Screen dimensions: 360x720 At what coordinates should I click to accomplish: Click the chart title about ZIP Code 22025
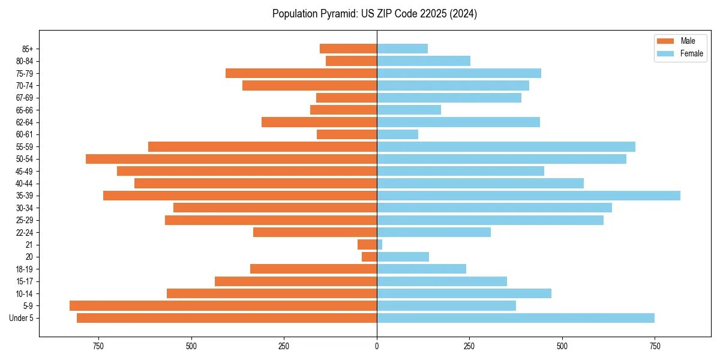[x=374, y=14]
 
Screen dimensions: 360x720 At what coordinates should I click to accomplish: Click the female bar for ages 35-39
[x=528, y=196]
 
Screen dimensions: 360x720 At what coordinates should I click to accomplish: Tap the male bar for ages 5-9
[x=223, y=306]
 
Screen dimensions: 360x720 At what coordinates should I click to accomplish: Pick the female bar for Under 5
[x=515, y=318]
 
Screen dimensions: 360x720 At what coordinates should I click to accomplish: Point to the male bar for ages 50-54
[x=231, y=159]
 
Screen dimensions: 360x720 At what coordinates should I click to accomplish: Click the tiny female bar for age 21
[x=380, y=245]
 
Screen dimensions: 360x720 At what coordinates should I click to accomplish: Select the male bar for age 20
[x=370, y=257]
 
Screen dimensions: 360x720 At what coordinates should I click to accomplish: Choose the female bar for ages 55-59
[x=506, y=147]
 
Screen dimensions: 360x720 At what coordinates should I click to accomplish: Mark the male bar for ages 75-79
[x=301, y=73]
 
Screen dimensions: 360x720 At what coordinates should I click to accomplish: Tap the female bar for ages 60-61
[x=397, y=134]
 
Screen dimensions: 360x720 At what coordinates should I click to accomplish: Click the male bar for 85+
[x=348, y=49]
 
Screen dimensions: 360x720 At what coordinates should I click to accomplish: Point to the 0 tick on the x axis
[x=377, y=346]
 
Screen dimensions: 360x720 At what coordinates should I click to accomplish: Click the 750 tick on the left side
[x=98, y=346]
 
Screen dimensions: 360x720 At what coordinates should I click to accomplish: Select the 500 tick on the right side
[x=562, y=346]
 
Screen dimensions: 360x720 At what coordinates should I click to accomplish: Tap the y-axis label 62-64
[x=25, y=122]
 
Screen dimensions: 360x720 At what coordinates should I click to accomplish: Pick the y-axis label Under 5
[x=22, y=318]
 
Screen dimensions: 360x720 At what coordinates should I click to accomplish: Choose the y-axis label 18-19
[x=25, y=269]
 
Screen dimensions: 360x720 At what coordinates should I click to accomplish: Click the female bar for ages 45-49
[x=460, y=171]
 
